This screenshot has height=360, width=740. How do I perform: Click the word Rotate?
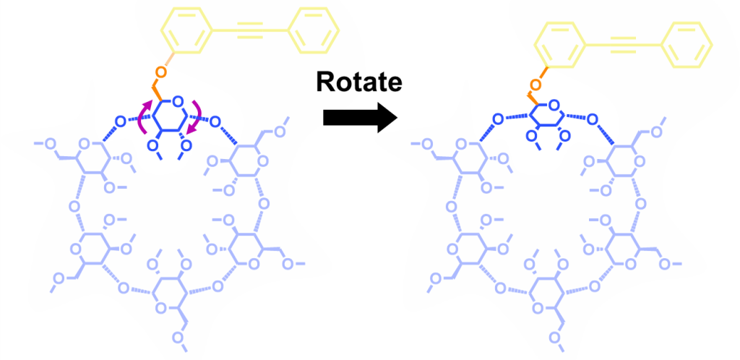(358, 82)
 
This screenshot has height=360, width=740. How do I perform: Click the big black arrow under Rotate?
(359, 118)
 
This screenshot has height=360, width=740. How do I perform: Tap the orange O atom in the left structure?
(161, 72)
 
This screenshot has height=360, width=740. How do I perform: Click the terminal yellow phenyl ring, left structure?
(313, 31)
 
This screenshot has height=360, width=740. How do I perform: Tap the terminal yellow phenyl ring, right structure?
(687, 45)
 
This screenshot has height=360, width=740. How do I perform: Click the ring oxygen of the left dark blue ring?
(178, 101)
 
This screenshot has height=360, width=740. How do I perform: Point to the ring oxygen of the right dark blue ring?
(554, 105)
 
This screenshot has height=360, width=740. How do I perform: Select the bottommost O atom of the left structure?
(178, 337)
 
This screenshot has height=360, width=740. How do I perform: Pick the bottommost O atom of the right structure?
(554, 337)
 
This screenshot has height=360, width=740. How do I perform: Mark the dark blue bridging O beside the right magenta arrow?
(215, 122)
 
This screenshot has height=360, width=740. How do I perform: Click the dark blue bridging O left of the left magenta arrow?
(121, 122)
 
